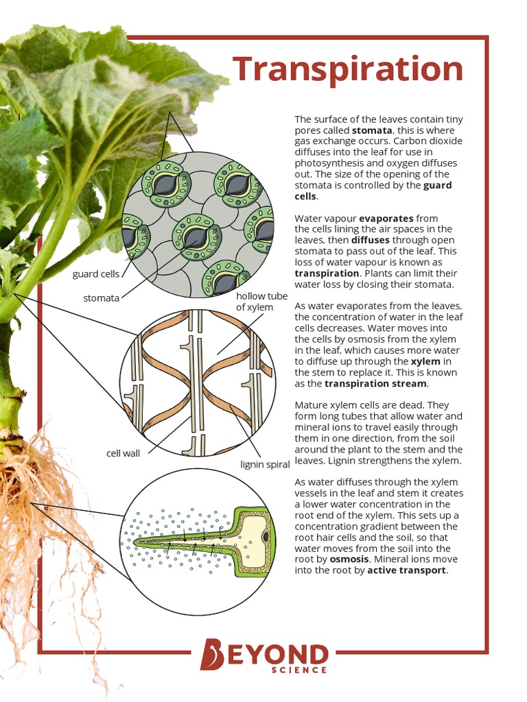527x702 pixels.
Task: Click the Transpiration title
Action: (x=347, y=70)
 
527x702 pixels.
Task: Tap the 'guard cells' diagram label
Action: (x=95, y=274)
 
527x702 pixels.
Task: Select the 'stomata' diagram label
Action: (x=102, y=298)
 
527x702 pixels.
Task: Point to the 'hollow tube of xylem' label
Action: (x=261, y=302)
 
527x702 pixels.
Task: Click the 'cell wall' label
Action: (x=123, y=453)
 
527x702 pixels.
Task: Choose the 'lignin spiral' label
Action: (x=266, y=465)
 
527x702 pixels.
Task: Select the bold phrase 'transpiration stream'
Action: (x=375, y=383)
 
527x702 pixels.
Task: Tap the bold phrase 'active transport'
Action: (x=407, y=570)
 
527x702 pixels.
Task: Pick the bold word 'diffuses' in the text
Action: (x=370, y=240)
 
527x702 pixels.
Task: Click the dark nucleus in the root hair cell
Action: (x=265, y=534)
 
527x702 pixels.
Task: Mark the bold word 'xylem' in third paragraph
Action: (x=425, y=361)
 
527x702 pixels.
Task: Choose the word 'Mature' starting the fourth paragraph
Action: (x=312, y=405)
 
